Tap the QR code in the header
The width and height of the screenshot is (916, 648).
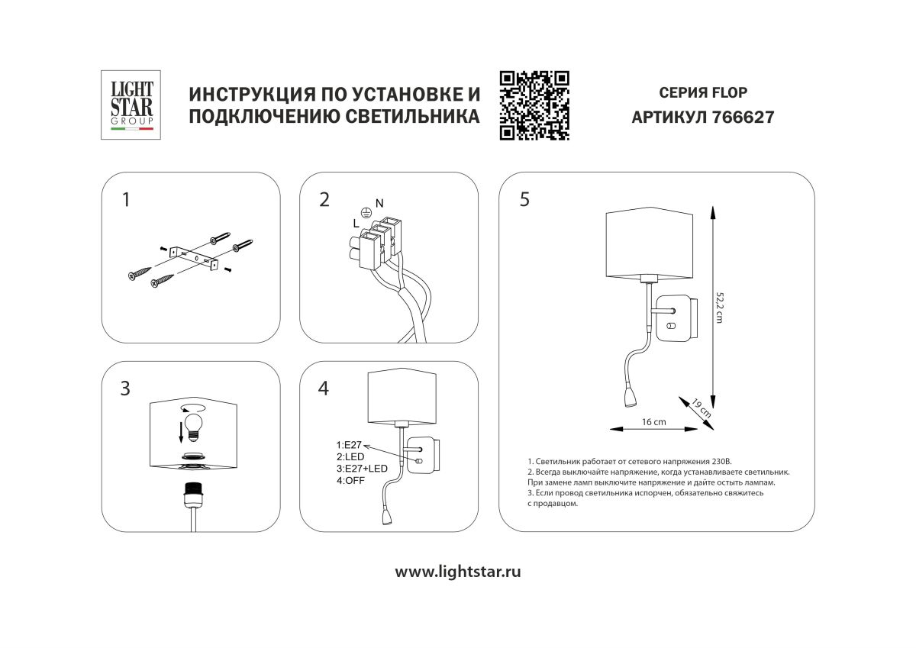[534, 105]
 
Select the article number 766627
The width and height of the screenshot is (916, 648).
[743, 118]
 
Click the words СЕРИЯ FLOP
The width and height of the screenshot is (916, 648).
[702, 93]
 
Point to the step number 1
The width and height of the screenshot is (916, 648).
[126, 200]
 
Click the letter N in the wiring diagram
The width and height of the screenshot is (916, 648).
[379, 201]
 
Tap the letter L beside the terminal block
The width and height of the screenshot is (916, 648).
[355, 223]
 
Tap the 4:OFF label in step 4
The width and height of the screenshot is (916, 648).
[351, 480]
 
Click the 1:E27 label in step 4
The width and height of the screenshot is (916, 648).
[350, 444]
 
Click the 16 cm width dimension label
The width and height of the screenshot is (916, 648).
[653, 421]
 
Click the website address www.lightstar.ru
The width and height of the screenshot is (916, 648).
[458, 572]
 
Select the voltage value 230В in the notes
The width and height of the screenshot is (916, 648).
[719, 462]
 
